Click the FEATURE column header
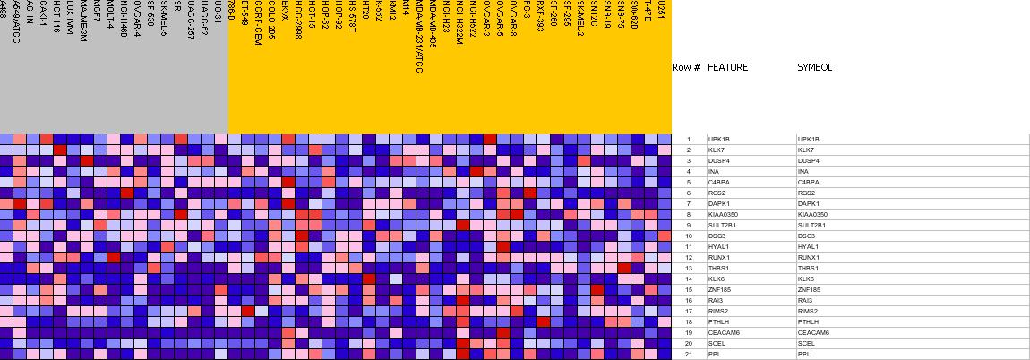pos(727,67)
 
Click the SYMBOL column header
pos(814,67)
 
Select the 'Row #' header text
pos(686,67)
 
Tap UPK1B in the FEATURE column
pos(719,140)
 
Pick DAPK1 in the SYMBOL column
pos(809,204)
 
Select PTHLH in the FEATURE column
pos(718,322)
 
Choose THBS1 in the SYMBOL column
pos(808,269)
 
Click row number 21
pos(688,355)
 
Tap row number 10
pos(688,236)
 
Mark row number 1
pos(688,140)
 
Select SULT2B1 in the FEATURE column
pos(721,226)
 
